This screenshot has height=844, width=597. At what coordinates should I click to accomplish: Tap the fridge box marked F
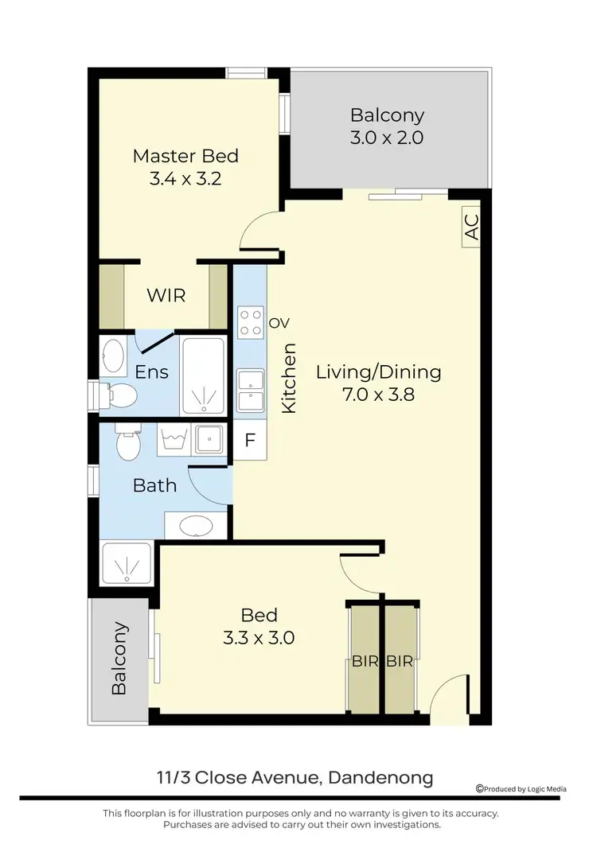249,441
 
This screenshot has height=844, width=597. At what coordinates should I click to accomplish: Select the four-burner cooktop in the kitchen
251,322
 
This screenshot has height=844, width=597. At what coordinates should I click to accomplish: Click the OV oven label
277,322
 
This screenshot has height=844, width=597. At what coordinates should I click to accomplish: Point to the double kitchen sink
251,389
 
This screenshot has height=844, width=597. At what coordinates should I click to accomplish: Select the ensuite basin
114,357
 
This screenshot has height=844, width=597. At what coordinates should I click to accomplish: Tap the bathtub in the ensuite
203,375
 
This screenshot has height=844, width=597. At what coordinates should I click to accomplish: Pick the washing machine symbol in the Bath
174,439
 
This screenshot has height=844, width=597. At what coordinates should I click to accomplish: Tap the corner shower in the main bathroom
127,565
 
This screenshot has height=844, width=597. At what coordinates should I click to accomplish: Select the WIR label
166,296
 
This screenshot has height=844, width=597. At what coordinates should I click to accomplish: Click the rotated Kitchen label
290,377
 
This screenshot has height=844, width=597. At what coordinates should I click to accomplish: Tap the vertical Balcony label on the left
119,658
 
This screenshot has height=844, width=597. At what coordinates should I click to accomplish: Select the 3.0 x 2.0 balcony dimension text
387,137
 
